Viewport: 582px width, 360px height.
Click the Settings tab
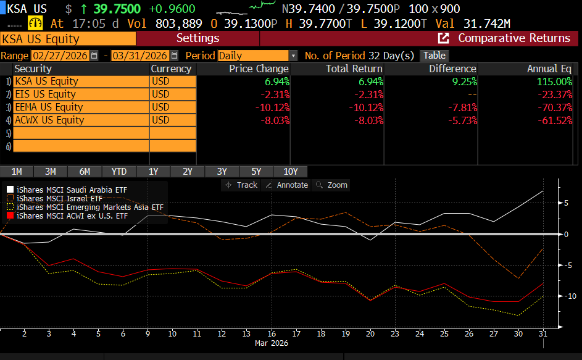pos(197,38)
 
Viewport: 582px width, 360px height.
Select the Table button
pos(434,56)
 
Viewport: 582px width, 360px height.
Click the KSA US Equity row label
pos(46,82)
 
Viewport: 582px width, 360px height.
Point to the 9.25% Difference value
pos(463,82)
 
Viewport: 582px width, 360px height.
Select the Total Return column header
pos(354,69)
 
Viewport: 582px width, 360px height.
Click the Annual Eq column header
pos(549,69)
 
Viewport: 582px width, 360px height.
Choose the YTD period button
pos(119,172)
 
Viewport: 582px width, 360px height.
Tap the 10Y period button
pos(290,172)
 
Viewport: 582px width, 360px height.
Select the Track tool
pos(242,185)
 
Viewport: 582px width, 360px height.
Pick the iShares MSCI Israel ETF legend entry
pos(59,199)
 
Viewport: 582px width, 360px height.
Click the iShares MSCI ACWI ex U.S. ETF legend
pos(72,216)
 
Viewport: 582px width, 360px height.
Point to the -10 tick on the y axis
pos(565,296)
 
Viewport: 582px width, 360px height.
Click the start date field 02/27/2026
pos(59,56)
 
